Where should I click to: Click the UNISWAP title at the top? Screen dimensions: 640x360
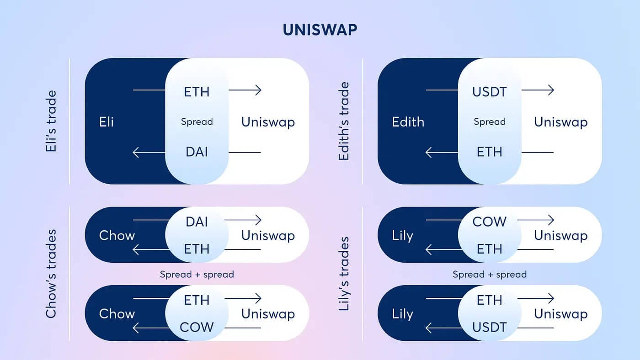[320, 30]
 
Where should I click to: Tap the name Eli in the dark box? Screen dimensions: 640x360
[106, 122]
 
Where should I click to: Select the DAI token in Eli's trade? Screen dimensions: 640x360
[197, 152]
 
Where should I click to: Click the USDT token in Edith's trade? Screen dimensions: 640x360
[490, 92]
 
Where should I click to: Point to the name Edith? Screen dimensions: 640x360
[408, 122]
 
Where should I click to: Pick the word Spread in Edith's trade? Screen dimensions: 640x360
[490, 122]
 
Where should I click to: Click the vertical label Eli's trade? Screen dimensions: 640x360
[51, 121]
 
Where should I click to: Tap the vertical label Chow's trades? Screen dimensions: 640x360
[51, 274]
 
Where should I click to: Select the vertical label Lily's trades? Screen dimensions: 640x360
[344, 274]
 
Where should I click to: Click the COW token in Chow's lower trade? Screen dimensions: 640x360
[197, 327]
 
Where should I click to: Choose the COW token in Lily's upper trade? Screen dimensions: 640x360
[490, 222]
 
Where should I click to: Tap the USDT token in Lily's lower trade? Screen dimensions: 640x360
[490, 327]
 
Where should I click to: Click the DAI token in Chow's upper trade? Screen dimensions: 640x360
[197, 222]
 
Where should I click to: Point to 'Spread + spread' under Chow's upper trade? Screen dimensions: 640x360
[197, 275]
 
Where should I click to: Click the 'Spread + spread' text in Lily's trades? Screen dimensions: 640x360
[490, 275]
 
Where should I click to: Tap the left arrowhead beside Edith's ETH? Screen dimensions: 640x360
[429, 153]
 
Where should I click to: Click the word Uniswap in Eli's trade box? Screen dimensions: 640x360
[268, 122]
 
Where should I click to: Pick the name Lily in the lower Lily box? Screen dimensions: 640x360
[402, 314]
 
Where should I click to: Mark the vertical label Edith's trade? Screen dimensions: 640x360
[344, 121]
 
